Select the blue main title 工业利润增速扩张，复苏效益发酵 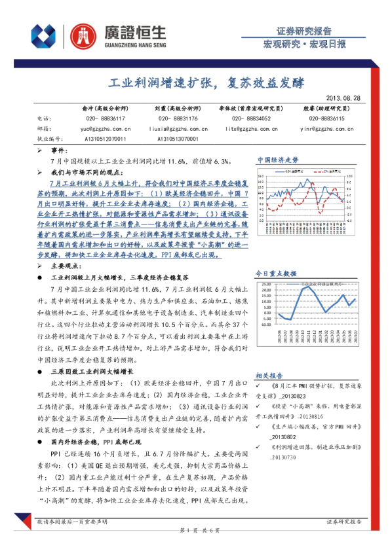point(197,83)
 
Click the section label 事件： point(60,150)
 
